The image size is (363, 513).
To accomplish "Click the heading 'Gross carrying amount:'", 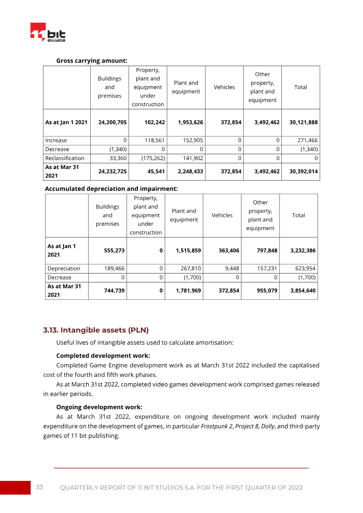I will click(91, 60).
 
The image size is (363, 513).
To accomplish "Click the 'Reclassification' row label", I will click(65, 158).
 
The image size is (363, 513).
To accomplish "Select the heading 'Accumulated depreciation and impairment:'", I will click(111, 188).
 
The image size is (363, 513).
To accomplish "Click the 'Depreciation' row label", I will click(64, 269).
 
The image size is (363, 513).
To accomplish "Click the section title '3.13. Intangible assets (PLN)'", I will click(96, 330).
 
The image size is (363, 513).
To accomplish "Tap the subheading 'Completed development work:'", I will click(103, 356).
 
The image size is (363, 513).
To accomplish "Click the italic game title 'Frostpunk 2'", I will click(216, 426).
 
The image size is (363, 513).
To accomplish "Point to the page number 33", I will click(39, 487).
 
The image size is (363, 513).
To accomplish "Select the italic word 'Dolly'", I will click(267, 426).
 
